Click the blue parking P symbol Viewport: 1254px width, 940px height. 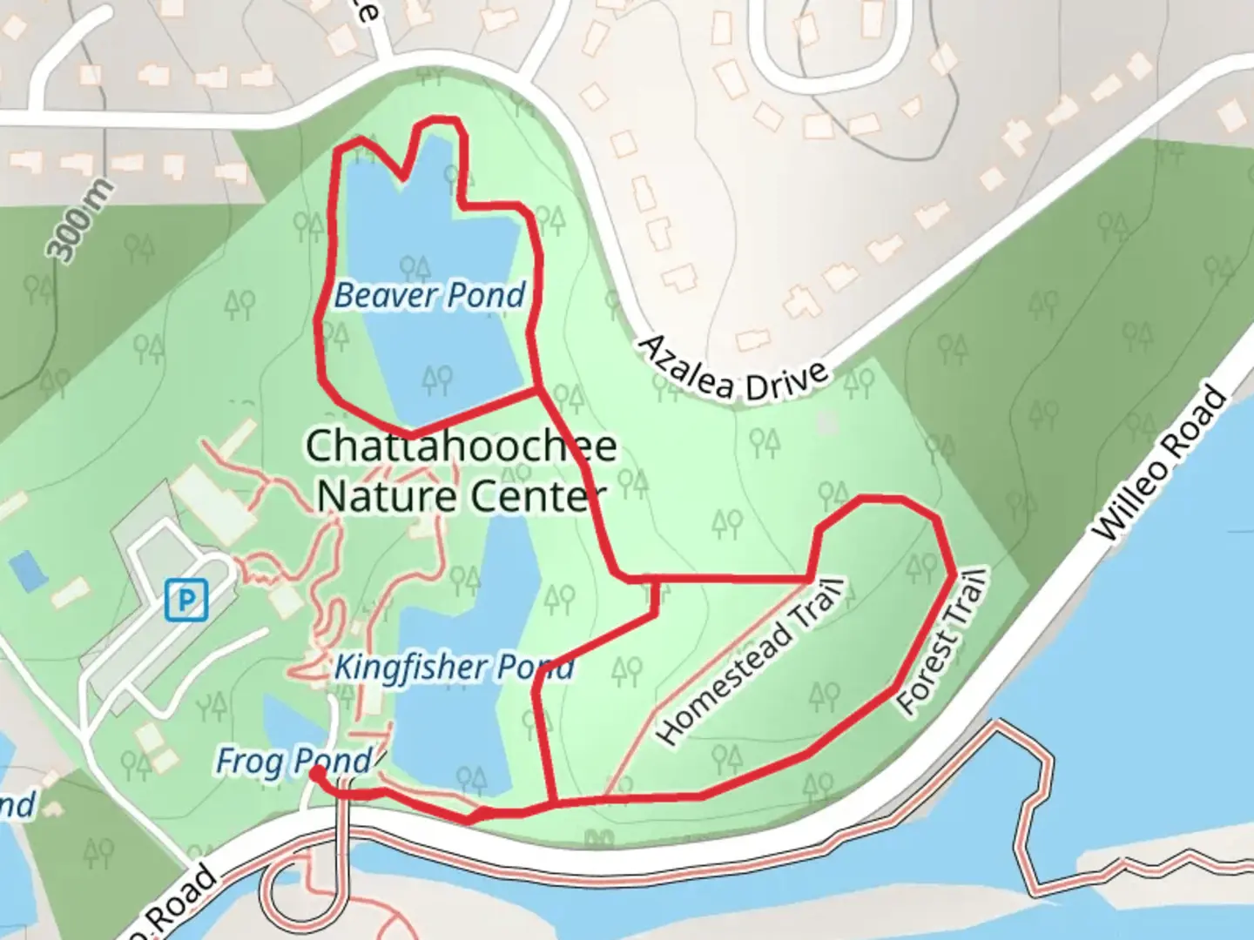[186, 600]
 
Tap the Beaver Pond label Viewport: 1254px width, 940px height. [429, 296]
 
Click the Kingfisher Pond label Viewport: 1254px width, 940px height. [454, 668]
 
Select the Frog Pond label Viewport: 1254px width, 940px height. [293, 762]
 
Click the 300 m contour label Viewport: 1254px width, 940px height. [80, 220]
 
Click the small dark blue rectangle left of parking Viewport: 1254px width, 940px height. [27, 571]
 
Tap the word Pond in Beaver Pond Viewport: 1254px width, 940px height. [488, 296]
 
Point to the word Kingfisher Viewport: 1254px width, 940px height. [410, 668]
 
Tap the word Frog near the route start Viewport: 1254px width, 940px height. [248, 762]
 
